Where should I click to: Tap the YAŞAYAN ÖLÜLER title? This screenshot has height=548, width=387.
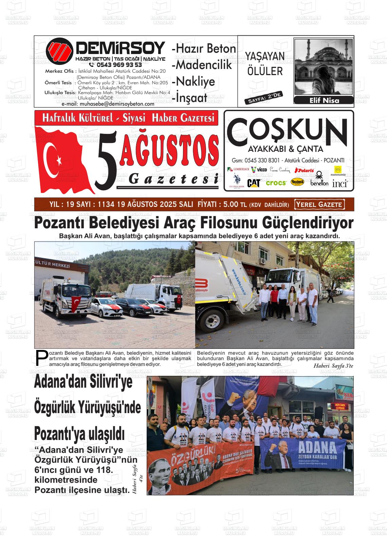point(265,64)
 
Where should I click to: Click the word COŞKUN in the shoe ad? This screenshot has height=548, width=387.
point(287,129)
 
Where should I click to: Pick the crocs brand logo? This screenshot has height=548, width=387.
point(276,183)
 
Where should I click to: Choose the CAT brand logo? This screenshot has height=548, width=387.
point(254,183)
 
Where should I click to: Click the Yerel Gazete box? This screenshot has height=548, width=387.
point(319,205)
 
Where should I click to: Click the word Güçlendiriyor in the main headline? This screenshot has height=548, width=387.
point(308,223)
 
